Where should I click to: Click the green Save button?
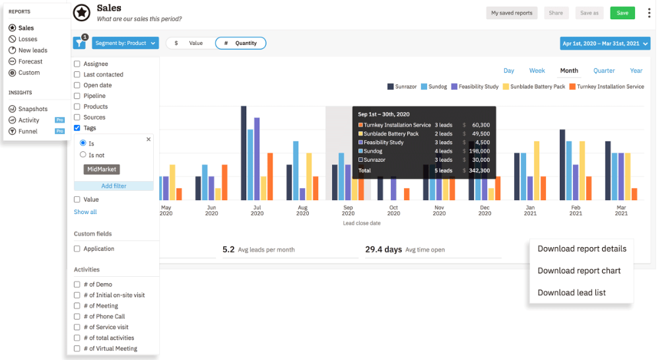click(622, 13)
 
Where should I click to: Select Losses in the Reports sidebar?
click(28, 39)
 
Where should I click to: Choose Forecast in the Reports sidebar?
click(30, 61)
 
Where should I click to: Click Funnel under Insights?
click(28, 131)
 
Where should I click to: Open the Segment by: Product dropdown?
click(125, 43)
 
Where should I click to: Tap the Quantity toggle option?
click(241, 43)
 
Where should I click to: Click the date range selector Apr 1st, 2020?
click(605, 44)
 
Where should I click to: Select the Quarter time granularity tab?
click(604, 71)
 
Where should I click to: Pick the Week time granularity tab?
click(537, 71)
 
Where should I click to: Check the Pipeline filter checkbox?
click(77, 96)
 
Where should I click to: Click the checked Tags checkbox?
click(77, 127)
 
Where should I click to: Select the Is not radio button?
click(83, 155)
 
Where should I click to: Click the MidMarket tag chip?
click(102, 170)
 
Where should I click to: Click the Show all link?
click(85, 212)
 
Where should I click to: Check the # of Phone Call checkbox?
click(77, 316)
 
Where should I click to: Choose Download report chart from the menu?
click(579, 270)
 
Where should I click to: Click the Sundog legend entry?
click(434, 87)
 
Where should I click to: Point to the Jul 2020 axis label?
click(257, 209)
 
